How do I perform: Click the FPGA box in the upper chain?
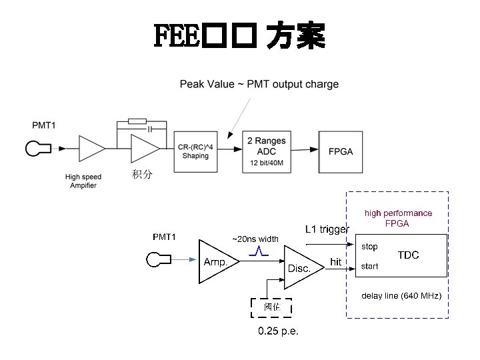pyautogui.click(x=340, y=151)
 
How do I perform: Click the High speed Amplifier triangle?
pyautogui.click(x=89, y=148)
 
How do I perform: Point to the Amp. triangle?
pyautogui.click(x=216, y=260)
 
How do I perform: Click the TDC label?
pyautogui.click(x=408, y=255)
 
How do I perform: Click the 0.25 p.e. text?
pyautogui.click(x=278, y=331)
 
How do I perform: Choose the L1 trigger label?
pyautogui.click(x=327, y=229)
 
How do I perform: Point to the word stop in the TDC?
pyautogui.click(x=369, y=246)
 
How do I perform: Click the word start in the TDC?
pyautogui.click(x=369, y=266)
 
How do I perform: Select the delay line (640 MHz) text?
pyautogui.click(x=401, y=295)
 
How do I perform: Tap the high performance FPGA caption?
pyautogui.click(x=397, y=218)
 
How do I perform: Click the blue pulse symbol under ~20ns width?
pyautogui.click(x=258, y=252)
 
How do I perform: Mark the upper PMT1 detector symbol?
pyautogui.click(x=35, y=148)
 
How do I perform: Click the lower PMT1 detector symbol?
pyautogui.click(x=156, y=260)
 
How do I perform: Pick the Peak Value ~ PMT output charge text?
pyautogui.click(x=259, y=84)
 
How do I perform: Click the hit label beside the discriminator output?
pyautogui.click(x=337, y=262)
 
